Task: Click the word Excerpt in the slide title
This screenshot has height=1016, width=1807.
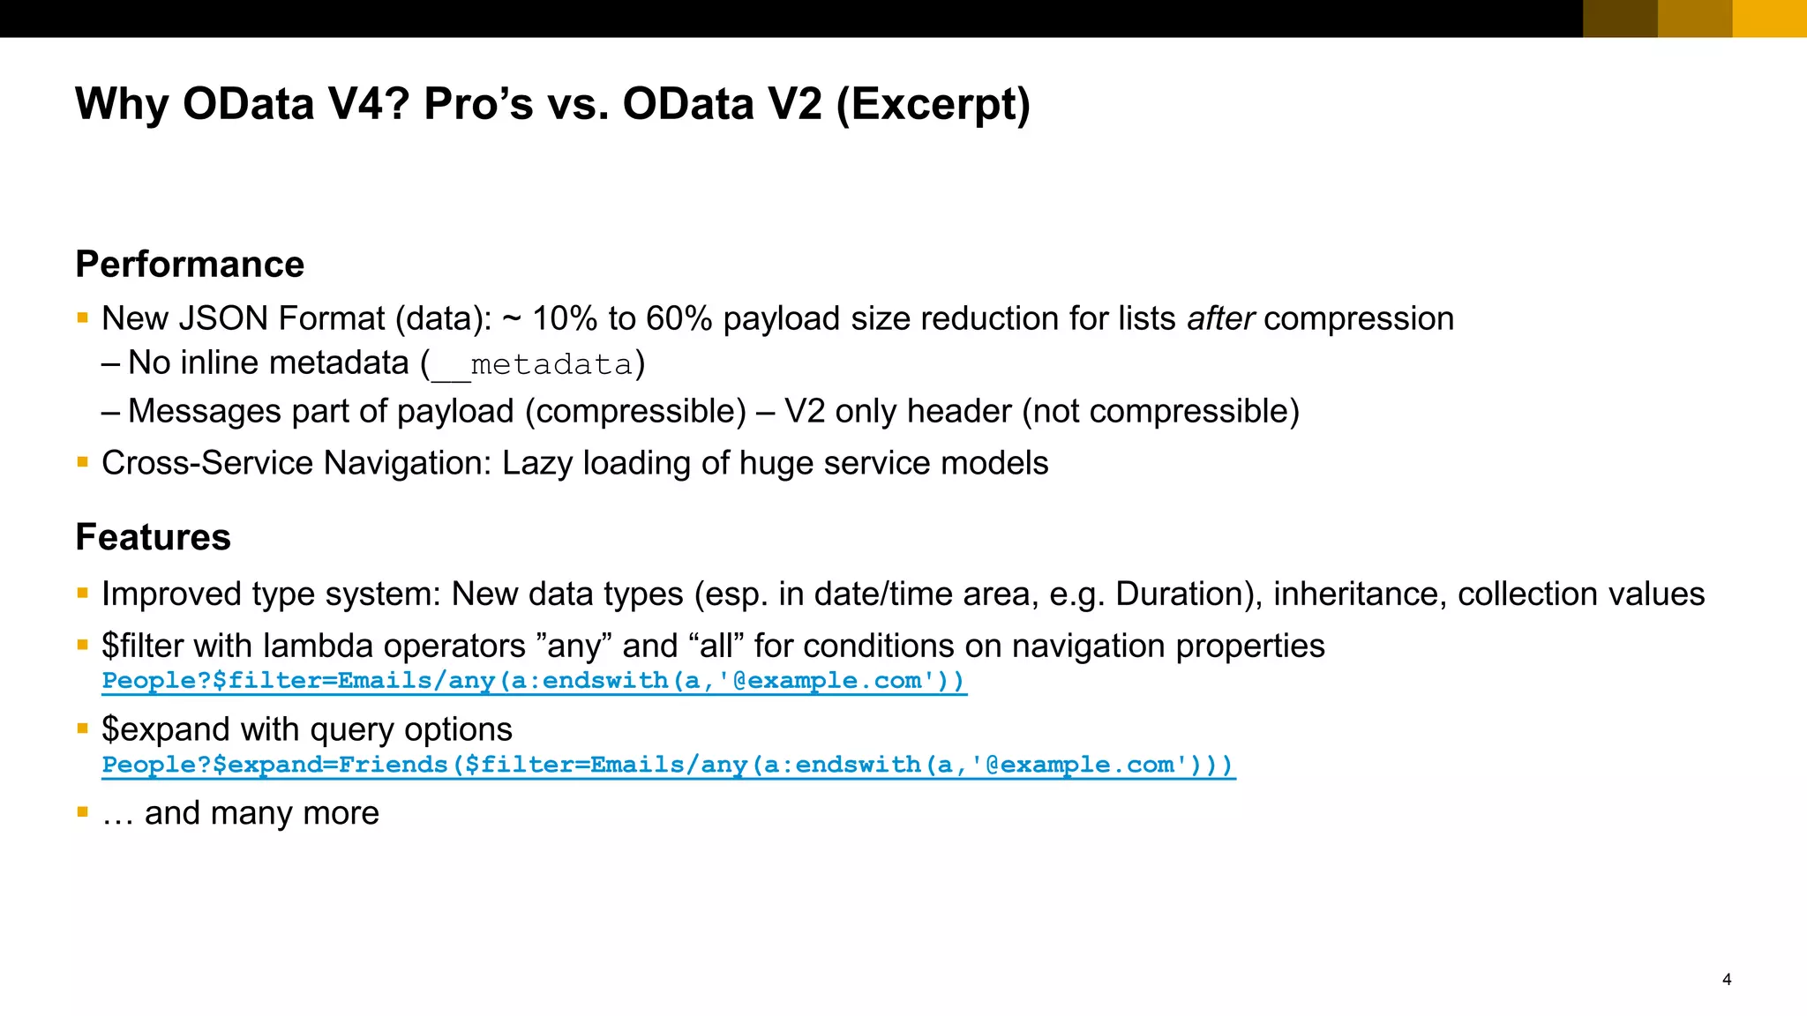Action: pyautogui.click(x=933, y=104)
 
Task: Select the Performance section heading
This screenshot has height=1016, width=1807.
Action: pyautogui.click(x=190, y=265)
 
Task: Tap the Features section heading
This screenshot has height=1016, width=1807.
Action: pyautogui.click(x=153, y=537)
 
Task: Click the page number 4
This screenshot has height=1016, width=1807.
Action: pyautogui.click(x=1727, y=979)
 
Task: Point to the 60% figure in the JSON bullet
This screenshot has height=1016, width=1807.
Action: pyautogui.click(x=679, y=318)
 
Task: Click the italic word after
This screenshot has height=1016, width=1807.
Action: pyautogui.click(x=1220, y=318)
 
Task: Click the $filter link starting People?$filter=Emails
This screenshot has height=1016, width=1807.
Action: pyautogui.click(x=534, y=681)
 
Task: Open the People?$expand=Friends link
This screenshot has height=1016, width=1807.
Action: pyautogui.click(x=668, y=765)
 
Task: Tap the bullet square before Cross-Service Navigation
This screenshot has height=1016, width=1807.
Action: pyautogui.click(x=82, y=461)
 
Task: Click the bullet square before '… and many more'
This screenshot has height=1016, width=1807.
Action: pyautogui.click(x=82, y=811)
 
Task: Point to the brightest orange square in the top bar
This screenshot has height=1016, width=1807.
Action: pyautogui.click(x=1769, y=19)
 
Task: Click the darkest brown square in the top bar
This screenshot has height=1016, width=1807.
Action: pyautogui.click(x=1620, y=19)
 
